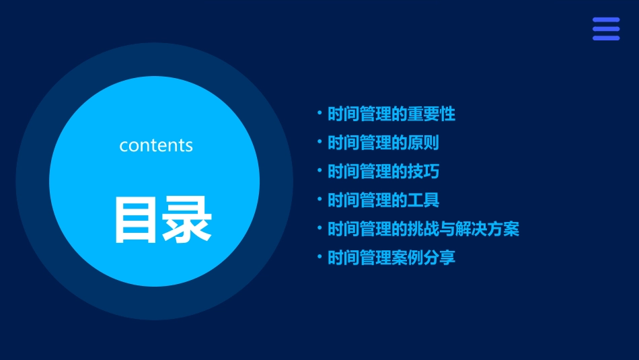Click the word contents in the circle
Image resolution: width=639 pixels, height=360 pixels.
pyautogui.click(x=156, y=145)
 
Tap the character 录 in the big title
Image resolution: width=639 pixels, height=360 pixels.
pyautogui.click(x=186, y=219)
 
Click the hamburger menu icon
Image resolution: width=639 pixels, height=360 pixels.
pyautogui.click(x=605, y=29)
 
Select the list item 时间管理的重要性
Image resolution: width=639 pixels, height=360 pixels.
pyautogui.click(x=391, y=114)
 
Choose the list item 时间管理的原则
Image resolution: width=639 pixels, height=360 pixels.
pyautogui.click(x=383, y=143)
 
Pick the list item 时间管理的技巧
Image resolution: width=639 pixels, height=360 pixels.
pyautogui.click(x=383, y=172)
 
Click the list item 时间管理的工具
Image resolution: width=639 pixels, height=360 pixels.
pyautogui.click(x=383, y=201)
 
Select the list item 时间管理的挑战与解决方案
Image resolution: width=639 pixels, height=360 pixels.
pyautogui.click(x=422, y=229)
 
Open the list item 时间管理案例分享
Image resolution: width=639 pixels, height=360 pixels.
pyautogui.click(x=391, y=258)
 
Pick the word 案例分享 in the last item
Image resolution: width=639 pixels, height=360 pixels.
pyautogui.click(x=423, y=258)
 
